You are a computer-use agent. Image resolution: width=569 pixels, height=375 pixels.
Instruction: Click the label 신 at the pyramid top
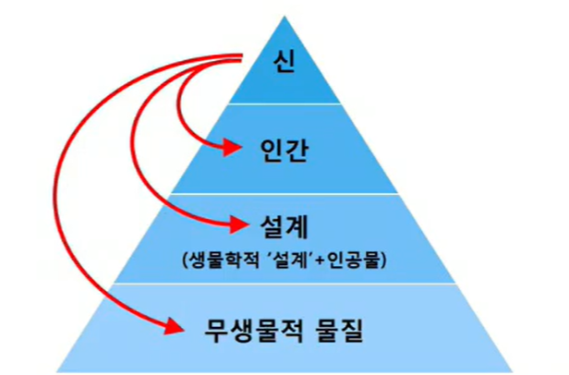coord(284,62)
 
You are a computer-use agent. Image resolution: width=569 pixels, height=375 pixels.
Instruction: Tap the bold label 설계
coord(284,226)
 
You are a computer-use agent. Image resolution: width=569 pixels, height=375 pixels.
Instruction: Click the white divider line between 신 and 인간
coord(284,103)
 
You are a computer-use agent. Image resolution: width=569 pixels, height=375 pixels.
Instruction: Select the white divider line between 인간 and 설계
coord(284,194)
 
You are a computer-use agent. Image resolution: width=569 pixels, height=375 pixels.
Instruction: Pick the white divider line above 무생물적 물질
coord(284,284)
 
